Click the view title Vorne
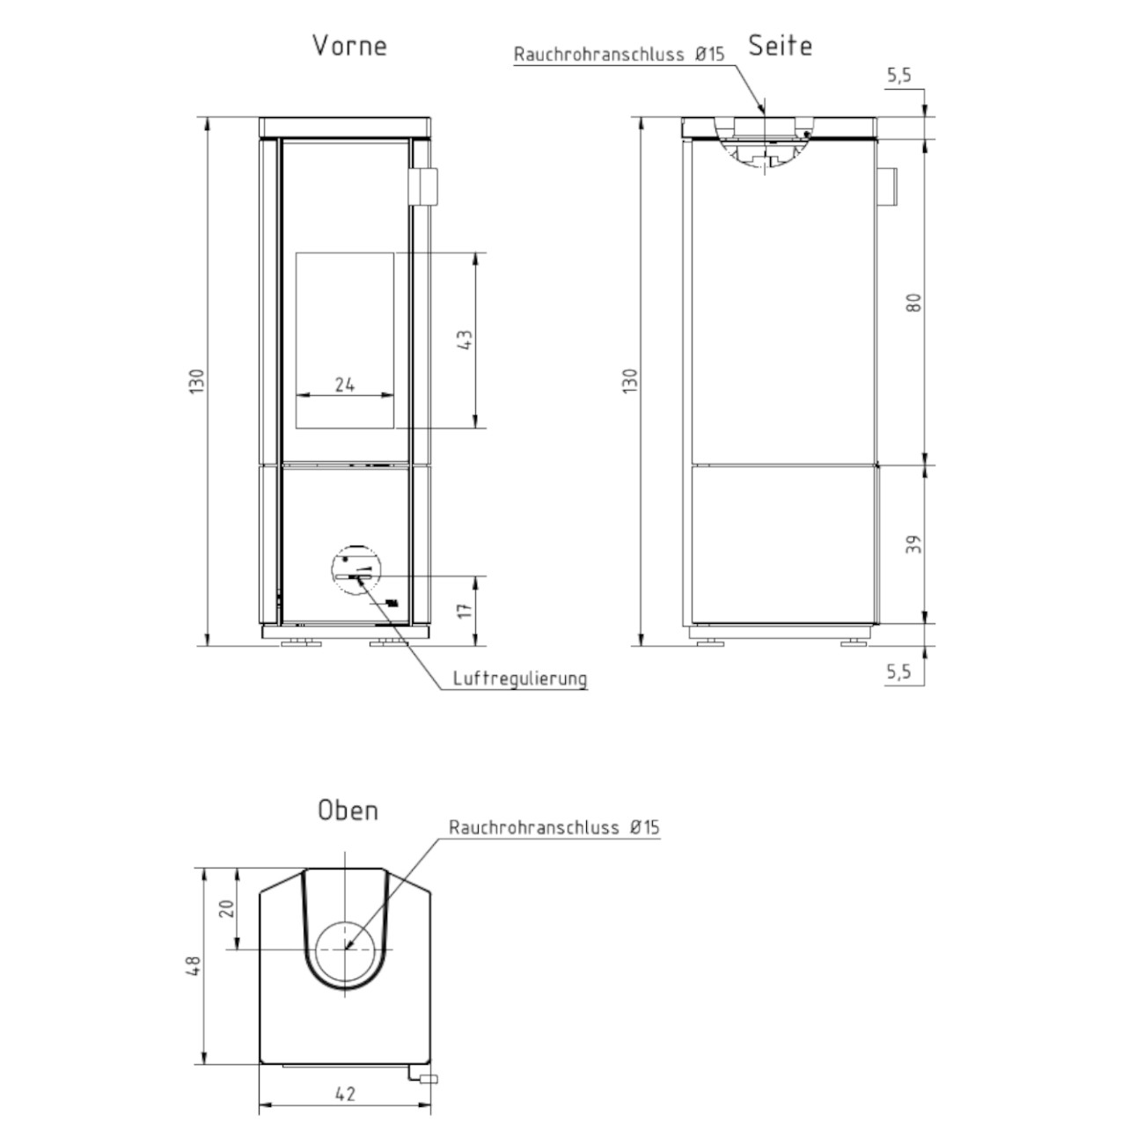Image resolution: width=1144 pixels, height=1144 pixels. [x=349, y=46]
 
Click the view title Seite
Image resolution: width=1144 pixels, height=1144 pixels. [x=780, y=46]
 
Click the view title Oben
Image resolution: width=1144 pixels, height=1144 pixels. [x=348, y=810]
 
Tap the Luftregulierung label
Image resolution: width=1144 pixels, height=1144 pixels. [x=520, y=678]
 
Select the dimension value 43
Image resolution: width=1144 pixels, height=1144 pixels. [x=466, y=340]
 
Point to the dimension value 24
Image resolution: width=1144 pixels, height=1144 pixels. [x=345, y=385]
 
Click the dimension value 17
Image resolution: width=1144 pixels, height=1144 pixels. [x=466, y=610]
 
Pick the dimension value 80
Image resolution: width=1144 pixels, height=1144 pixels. [x=915, y=303]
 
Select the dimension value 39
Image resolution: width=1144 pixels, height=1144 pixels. [x=915, y=545]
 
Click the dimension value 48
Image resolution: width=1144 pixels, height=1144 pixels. [x=194, y=965]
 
